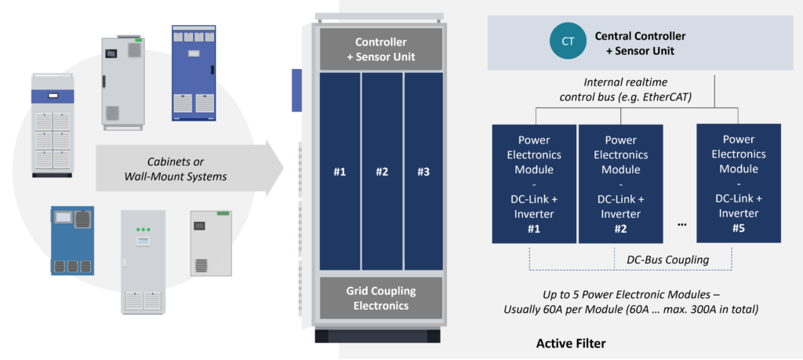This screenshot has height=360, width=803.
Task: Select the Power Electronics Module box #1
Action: click(533, 184)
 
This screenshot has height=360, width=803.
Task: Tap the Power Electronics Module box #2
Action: click(620, 184)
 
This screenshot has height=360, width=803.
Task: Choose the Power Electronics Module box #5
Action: click(739, 184)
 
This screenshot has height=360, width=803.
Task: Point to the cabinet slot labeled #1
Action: click(340, 172)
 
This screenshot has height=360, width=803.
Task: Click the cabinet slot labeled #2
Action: click(382, 172)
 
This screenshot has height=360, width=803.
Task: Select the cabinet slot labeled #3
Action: click(423, 172)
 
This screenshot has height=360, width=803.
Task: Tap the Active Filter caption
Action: click(572, 344)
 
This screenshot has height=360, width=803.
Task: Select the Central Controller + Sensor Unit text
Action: click(640, 43)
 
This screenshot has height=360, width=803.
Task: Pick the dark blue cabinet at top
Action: click(194, 73)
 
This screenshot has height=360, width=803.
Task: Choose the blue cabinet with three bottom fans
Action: click(72, 241)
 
